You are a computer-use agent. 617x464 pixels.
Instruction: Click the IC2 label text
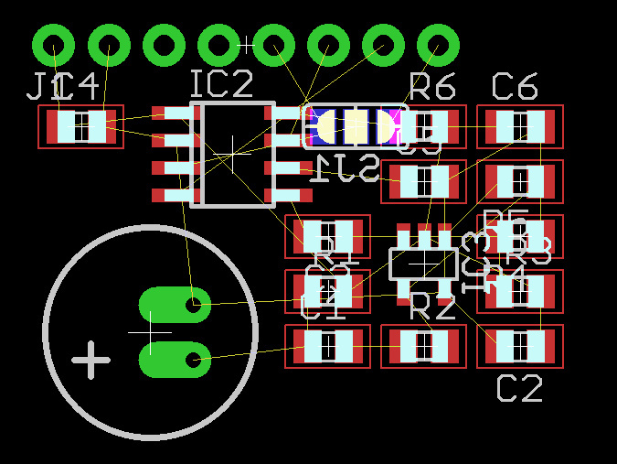click(x=221, y=84)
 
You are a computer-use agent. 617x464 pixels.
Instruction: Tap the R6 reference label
click(x=432, y=87)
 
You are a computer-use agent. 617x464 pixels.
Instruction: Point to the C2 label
click(x=520, y=388)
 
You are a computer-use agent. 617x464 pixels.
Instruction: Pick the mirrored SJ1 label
click(x=345, y=168)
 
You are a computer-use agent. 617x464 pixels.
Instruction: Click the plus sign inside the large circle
click(x=91, y=361)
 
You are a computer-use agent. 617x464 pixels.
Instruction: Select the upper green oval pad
click(x=174, y=305)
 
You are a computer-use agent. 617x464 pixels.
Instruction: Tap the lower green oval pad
click(x=174, y=360)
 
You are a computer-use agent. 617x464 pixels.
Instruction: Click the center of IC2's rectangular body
click(x=238, y=154)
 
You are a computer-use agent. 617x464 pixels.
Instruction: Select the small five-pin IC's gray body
click(x=423, y=264)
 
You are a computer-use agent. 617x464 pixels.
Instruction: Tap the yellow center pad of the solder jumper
click(x=356, y=126)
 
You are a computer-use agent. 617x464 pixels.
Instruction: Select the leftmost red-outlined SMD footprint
click(x=80, y=126)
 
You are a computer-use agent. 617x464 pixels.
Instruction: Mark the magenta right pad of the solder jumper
click(x=392, y=126)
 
